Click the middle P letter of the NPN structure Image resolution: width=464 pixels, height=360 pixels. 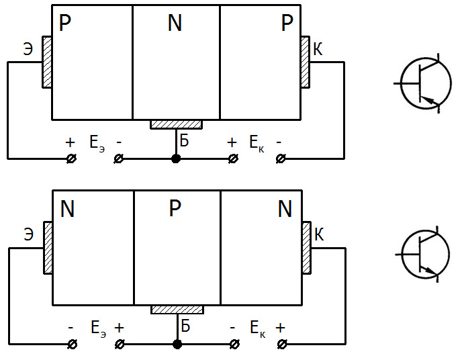pos(175,210)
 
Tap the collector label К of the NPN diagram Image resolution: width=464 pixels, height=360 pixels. pos(320,234)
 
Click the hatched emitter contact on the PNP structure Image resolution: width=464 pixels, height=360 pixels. pos(46,62)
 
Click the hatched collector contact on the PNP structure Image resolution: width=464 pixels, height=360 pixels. pos(306,62)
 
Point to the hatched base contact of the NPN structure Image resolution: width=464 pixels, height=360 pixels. pos(177,309)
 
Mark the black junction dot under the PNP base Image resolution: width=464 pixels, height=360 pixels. pos(176,159)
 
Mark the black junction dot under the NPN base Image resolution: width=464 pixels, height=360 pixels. pos(177,345)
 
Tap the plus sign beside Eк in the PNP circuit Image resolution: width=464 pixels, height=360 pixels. pos(232,142)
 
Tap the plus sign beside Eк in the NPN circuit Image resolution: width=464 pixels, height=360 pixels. pos(280,328)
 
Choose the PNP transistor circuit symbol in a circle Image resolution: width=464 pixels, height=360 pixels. pos(426,83)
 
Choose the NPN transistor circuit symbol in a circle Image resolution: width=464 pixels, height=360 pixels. pos(426,256)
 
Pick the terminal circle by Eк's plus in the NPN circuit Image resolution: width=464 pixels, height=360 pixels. pos(281,345)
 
